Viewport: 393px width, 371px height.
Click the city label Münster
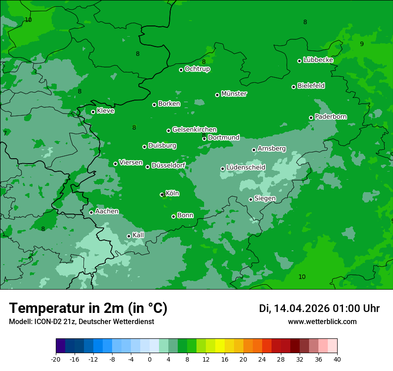234,94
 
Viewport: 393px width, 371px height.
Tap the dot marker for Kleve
93,112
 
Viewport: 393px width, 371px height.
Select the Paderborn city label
331,117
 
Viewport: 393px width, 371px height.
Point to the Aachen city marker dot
91,212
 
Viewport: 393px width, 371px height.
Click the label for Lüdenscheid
246,168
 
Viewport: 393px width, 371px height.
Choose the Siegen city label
265,198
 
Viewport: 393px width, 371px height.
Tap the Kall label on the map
138,235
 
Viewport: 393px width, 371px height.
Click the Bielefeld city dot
294,87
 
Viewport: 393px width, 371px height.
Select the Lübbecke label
318,60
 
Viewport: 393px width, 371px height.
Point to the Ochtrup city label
197,69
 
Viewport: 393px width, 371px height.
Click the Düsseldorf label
168,166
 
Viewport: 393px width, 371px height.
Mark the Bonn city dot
174,216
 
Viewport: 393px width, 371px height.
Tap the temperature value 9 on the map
362,44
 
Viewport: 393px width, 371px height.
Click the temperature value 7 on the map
5,133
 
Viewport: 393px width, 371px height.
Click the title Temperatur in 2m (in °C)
88,308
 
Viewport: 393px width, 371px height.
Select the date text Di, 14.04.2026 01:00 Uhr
319,308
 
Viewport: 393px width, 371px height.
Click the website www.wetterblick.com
322,321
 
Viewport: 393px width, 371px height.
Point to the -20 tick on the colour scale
56,359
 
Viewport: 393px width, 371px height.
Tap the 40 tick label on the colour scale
337,359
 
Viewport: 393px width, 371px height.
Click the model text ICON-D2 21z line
81,321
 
